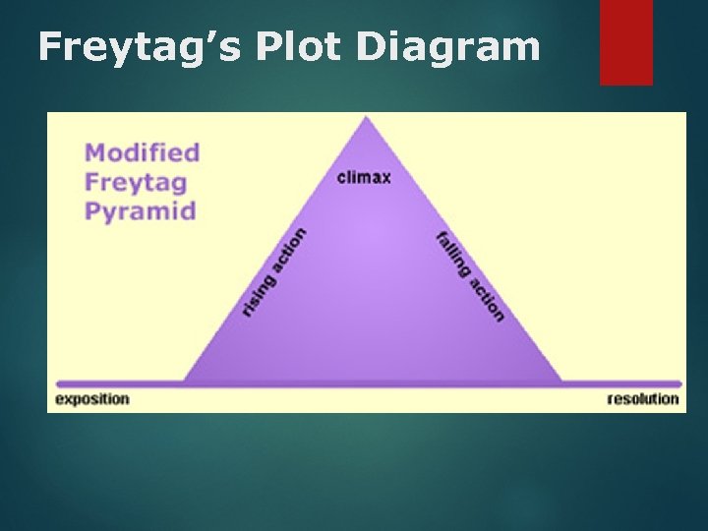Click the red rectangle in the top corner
pyautogui.click(x=626, y=41)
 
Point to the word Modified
pyautogui.click(x=142, y=152)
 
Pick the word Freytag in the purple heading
pyautogui.click(x=136, y=182)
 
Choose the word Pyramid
pyautogui.click(x=140, y=210)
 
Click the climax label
pyautogui.click(x=364, y=178)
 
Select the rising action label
pyautogui.click(x=274, y=272)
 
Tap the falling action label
pyautogui.click(x=470, y=276)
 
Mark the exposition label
pyautogui.click(x=92, y=398)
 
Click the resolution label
pyautogui.click(x=643, y=398)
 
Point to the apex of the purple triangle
pyautogui.click(x=367, y=118)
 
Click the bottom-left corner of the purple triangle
pyautogui.click(x=185, y=382)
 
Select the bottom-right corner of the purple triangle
pyautogui.click(x=561, y=382)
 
